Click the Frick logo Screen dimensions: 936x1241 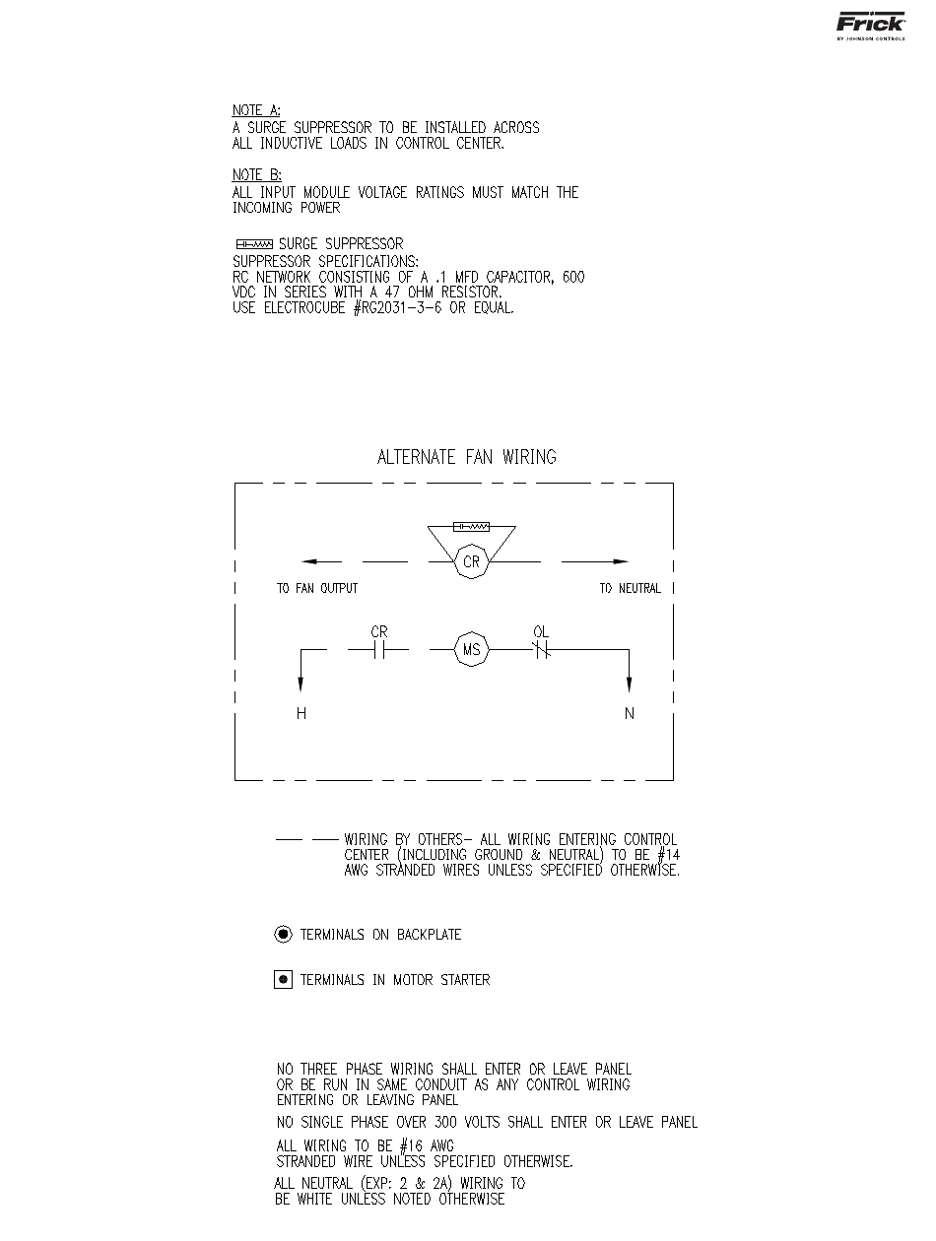click(871, 26)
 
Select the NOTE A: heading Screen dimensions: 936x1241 click(249, 111)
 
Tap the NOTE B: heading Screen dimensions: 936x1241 click(249, 175)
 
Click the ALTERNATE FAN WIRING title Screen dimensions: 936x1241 click(467, 457)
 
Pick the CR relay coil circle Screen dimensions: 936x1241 click(471, 562)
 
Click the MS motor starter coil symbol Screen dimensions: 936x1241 click(471, 650)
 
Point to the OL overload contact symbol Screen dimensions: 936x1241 click(540, 650)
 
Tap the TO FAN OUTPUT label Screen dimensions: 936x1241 click(317, 589)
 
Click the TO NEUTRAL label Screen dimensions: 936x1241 click(630, 589)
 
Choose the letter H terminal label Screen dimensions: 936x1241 click(301, 714)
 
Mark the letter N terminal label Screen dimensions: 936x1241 click(630, 714)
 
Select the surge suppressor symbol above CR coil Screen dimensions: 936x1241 click(471, 527)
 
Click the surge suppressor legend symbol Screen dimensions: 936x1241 click(254, 244)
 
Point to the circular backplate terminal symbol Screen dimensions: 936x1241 click(283, 934)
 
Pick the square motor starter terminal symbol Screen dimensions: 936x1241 click(283, 979)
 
